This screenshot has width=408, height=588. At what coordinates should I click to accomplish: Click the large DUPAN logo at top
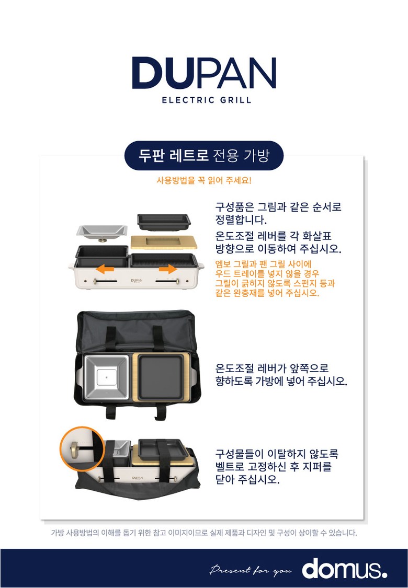coord(204,73)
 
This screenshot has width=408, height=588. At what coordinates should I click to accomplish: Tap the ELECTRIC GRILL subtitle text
coord(207,100)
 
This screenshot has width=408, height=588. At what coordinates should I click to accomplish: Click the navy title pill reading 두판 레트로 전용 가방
coord(204,155)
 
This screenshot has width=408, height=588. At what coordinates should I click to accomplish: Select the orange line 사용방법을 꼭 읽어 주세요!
coord(204,180)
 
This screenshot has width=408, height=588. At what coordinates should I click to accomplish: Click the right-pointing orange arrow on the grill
coord(168,269)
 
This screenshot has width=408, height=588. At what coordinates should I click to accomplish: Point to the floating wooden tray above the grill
coord(164,242)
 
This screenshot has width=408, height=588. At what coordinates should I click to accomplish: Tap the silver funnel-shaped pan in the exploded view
coord(101,233)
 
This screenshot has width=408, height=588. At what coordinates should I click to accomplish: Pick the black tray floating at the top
coord(164,222)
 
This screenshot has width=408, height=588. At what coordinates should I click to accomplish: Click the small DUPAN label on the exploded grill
coord(137,280)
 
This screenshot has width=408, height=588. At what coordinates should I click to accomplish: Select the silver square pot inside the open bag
coord(107,377)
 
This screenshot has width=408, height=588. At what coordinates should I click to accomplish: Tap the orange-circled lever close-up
coord(82,448)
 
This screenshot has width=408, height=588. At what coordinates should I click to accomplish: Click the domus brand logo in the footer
coord(344,569)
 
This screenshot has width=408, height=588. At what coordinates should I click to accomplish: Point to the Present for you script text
coord(251,570)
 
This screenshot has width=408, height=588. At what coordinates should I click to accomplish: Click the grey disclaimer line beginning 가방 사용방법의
coord(204,533)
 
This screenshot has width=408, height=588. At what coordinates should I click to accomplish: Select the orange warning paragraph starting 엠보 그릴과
coord(275,279)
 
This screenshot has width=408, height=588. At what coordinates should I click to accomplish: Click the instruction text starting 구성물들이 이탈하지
coord(277,467)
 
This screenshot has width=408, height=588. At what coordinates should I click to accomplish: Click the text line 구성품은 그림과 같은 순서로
coord(278,206)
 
